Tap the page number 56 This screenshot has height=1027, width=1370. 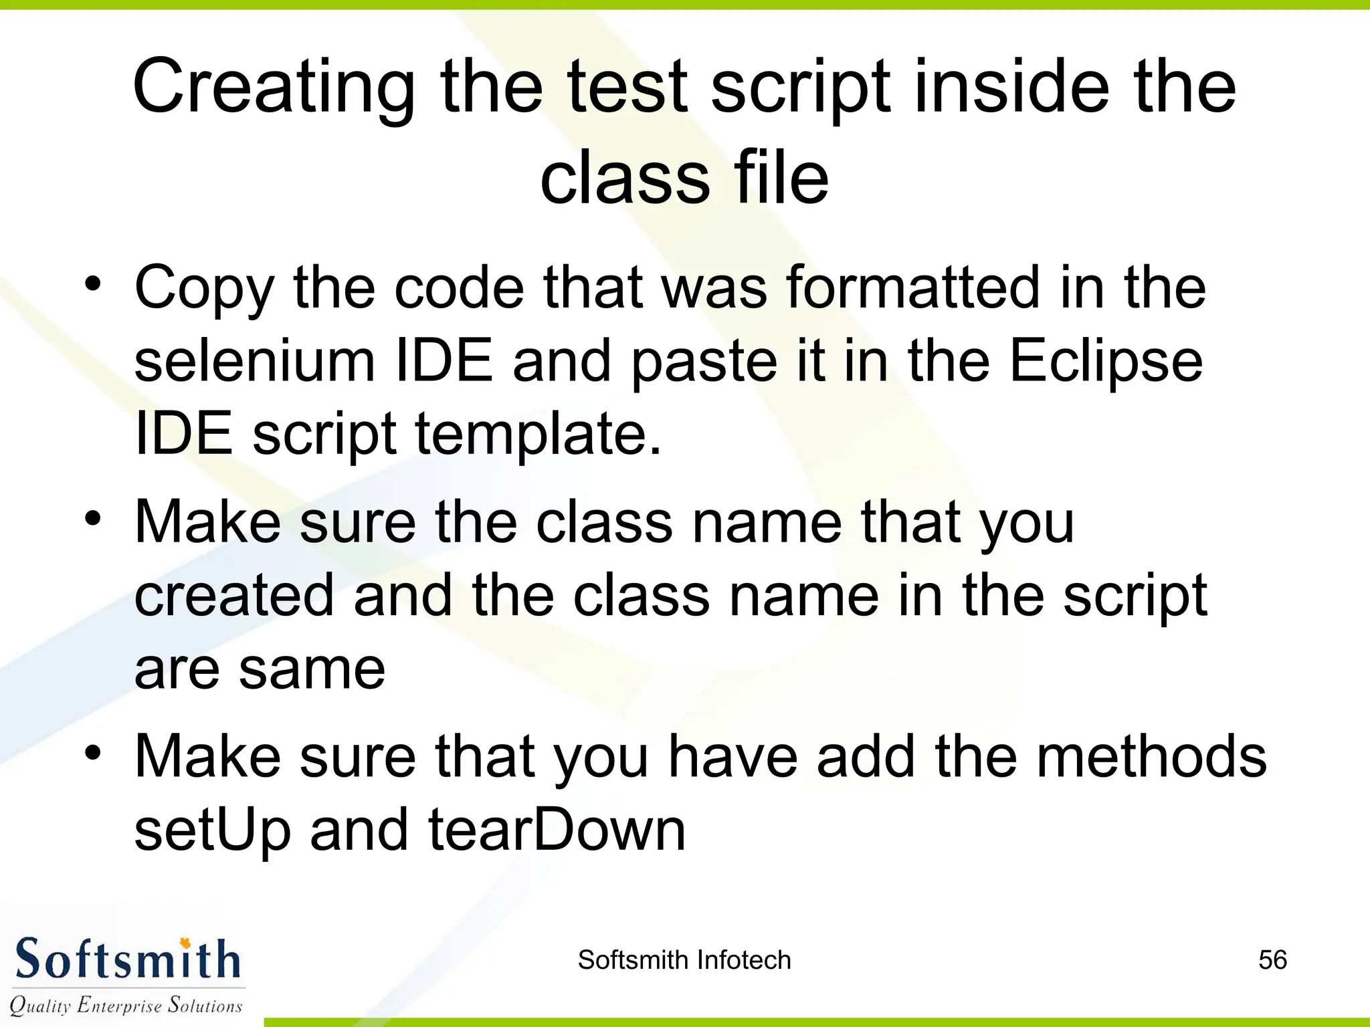coord(1272,960)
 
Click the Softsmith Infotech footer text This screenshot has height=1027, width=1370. coord(684,960)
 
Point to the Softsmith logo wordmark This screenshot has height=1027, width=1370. coord(127,959)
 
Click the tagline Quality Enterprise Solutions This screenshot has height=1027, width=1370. coord(126,1005)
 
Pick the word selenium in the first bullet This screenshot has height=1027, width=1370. coord(254,361)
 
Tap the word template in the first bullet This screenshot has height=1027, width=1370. coord(539,435)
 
